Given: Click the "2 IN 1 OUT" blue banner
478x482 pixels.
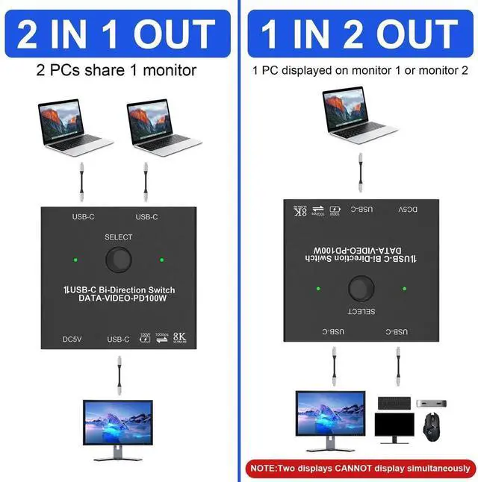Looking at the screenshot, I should (117, 34).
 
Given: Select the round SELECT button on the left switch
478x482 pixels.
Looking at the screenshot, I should (118, 260).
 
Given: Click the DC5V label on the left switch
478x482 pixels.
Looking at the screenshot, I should (72, 339).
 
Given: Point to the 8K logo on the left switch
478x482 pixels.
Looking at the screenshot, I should (179, 338).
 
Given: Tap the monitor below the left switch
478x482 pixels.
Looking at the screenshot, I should (118, 428).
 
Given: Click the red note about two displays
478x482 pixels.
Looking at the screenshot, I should (360, 469).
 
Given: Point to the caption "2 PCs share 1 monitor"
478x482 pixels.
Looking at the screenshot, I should (117, 71).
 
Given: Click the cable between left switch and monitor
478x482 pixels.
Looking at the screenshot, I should (119, 375).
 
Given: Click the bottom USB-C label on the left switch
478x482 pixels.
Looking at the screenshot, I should (118, 339).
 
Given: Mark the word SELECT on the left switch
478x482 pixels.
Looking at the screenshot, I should (118, 237).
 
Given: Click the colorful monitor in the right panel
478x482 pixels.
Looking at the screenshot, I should (330, 418).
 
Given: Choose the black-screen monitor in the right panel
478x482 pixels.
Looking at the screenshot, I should (394, 430).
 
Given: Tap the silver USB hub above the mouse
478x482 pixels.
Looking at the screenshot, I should (431, 403).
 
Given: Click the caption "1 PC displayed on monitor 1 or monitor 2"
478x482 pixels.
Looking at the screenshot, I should (360, 71).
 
